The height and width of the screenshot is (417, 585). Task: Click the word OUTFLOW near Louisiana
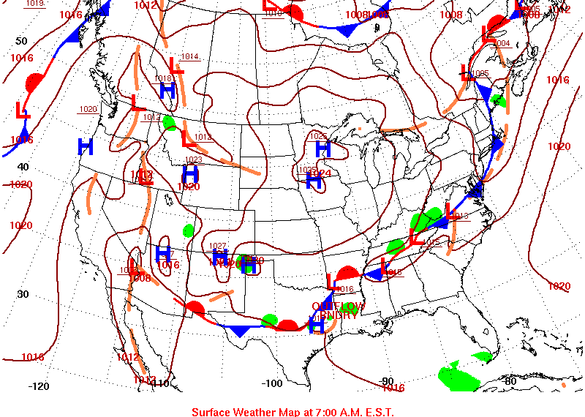click(338, 305)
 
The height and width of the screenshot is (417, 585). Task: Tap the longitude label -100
click(272, 383)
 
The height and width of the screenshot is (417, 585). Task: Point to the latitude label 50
click(22, 41)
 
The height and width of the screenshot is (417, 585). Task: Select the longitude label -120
click(38, 386)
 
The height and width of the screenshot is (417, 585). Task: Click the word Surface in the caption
click(211, 412)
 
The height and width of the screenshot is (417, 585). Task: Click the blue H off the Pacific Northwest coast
click(86, 147)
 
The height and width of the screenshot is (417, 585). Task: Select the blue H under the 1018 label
click(167, 91)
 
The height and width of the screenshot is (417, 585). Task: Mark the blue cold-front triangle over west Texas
click(239, 331)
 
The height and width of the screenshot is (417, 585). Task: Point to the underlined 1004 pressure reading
click(502, 43)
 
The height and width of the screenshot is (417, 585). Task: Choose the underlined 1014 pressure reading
click(190, 56)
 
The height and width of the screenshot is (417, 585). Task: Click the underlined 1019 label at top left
click(34, 3)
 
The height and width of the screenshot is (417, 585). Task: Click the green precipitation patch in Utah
click(189, 230)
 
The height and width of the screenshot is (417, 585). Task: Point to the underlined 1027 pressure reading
click(218, 246)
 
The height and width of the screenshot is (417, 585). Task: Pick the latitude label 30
click(22, 294)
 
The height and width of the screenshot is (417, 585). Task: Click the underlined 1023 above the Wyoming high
click(193, 159)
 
